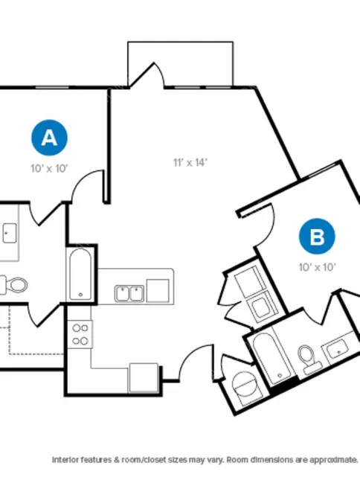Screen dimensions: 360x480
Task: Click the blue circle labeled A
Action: tap(50, 138)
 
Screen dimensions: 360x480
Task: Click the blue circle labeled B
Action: tap(317, 237)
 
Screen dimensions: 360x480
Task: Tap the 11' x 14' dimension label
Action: tap(190, 162)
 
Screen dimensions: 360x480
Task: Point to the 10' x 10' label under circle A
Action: tap(49, 168)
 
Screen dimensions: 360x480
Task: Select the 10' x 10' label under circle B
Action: tap(318, 267)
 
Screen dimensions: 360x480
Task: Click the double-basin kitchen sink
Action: tap(129, 293)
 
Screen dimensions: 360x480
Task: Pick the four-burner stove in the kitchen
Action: tap(80, 334)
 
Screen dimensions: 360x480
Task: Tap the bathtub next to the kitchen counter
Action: tap(80, 275)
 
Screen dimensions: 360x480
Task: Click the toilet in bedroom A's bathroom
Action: tap(15, 285)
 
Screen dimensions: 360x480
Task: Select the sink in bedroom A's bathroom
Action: tap(9, 233)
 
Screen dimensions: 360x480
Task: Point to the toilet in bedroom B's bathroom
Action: tap(309, 359)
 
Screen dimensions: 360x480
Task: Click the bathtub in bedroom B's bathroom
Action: tap(271, 359)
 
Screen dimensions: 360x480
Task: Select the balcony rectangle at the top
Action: tap(181, 63)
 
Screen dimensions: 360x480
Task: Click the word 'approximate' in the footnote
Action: tap(334, 460)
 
